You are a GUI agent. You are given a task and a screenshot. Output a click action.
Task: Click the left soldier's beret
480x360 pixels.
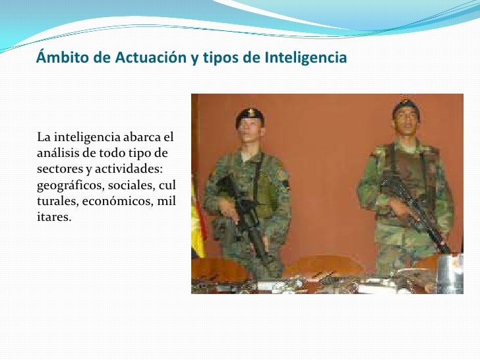click(x=250, y=117)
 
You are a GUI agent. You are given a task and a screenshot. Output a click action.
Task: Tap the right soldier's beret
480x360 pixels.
click(x=405, y=105)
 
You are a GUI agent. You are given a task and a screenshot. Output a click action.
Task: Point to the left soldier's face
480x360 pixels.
click(x=251, y=135)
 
